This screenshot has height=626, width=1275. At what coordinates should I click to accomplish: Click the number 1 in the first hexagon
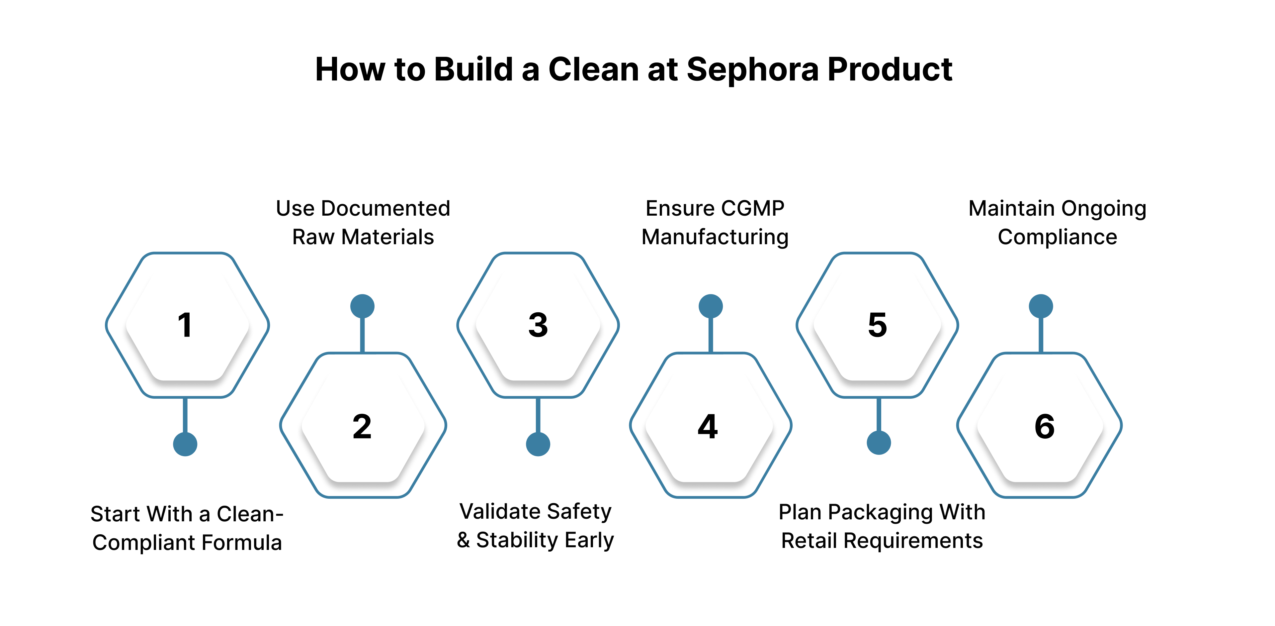[x=185, y=325]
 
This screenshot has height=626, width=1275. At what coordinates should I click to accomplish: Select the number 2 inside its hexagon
[x=362, y=426]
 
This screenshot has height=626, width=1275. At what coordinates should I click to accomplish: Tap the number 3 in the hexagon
[x=538, y=325]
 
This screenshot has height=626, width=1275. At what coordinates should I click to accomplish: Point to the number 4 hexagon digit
[x=708, y=426]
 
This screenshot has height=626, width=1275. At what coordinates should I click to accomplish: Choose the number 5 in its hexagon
[x=878, y=325]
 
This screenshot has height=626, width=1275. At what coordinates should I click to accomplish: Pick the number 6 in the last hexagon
[x=1044, y=426]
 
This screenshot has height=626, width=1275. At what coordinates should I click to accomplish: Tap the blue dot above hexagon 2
[x=362, y=306]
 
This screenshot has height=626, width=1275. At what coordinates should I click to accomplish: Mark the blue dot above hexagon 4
[x=711, y=306]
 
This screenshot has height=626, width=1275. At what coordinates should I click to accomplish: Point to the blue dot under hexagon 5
[x=879, y=443]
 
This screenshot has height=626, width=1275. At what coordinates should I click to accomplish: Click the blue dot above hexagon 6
[x=1041, y=306]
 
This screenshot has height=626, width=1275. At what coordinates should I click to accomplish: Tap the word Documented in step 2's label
[x=385, y=209]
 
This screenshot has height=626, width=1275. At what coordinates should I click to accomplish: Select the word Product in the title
[x=890, y=69]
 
